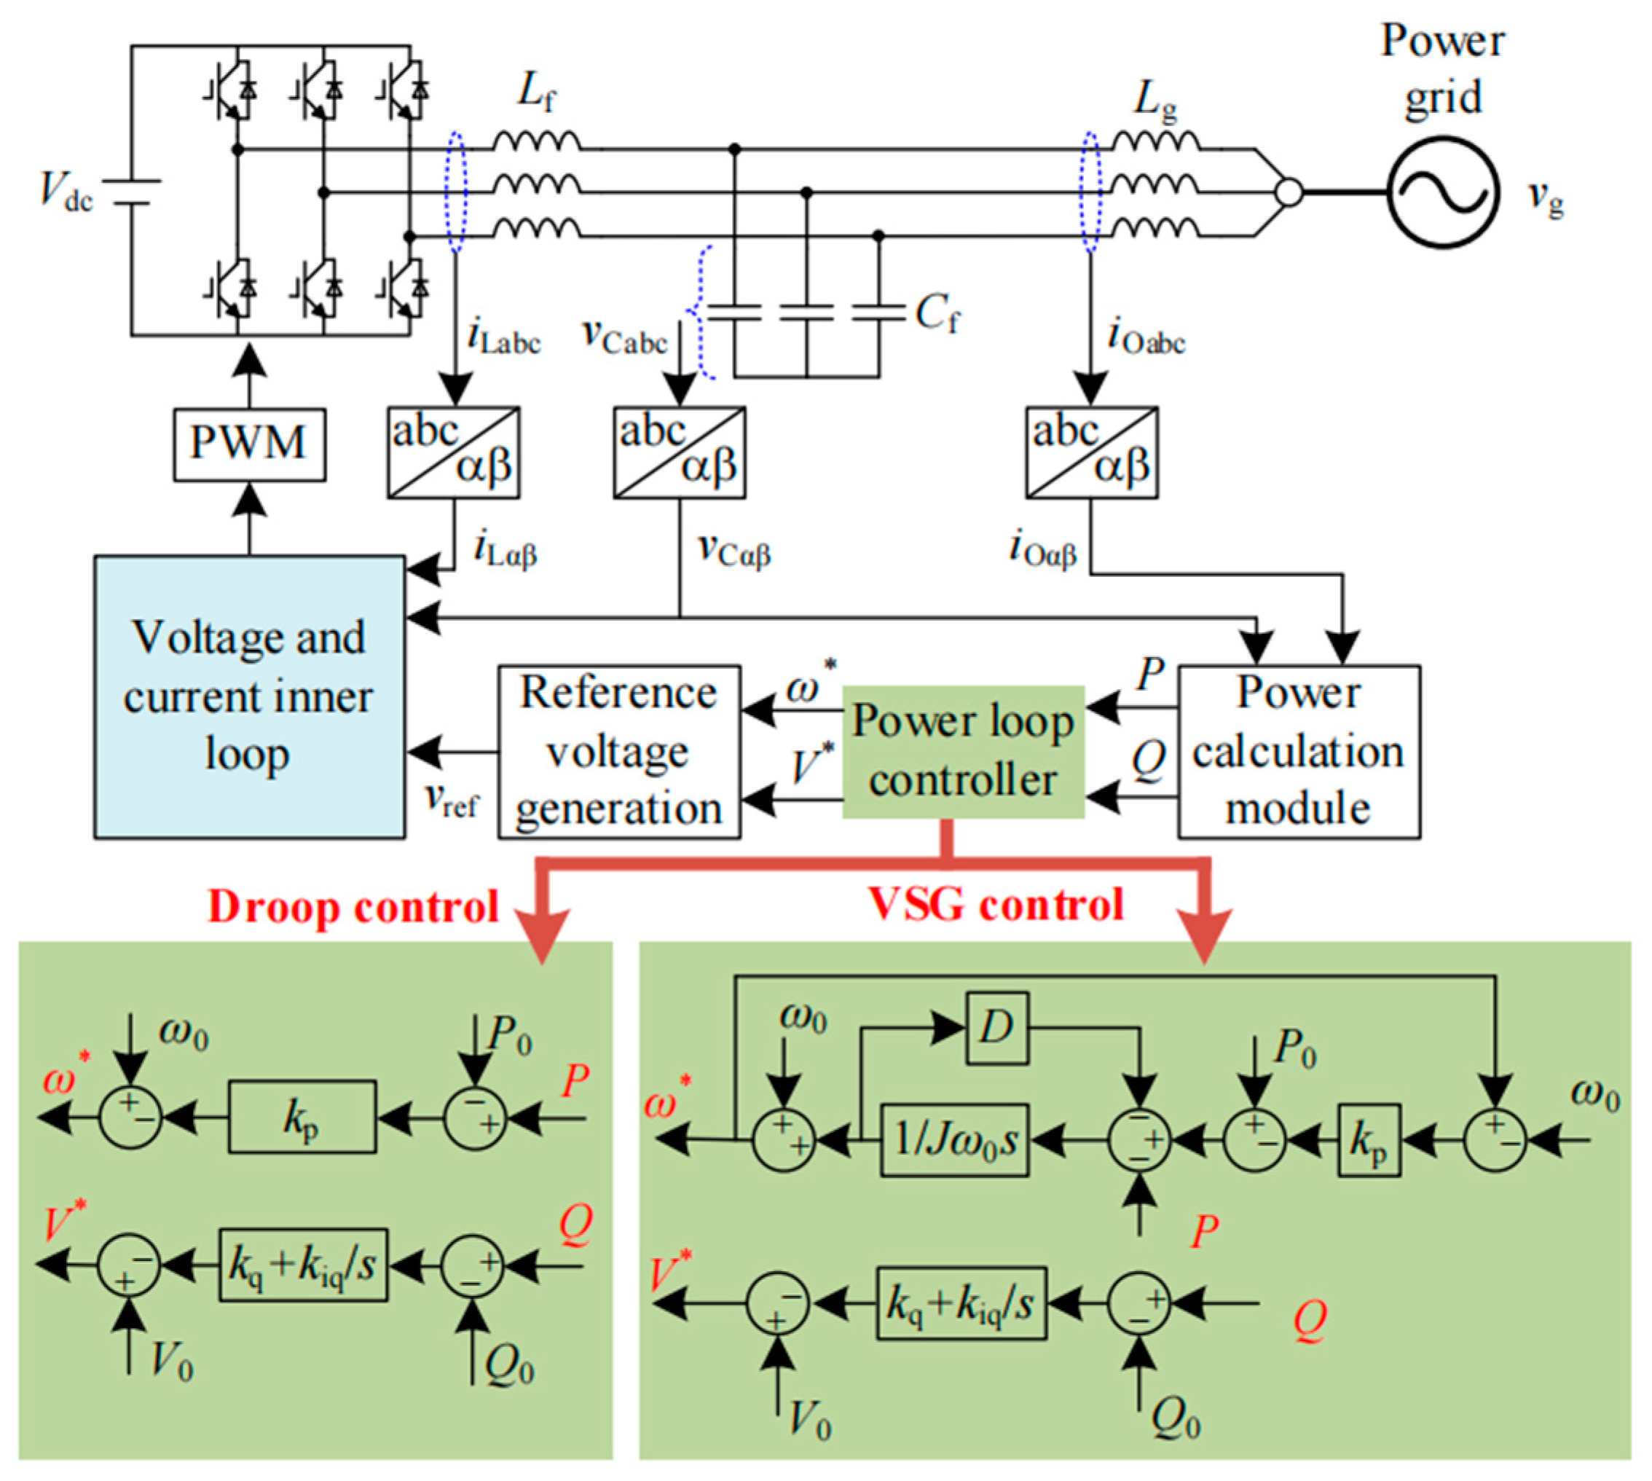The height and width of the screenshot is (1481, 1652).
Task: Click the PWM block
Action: (249, 444)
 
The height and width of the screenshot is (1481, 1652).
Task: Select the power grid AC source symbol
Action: (1442, 192)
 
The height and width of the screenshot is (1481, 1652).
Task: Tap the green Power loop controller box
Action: (963, 750)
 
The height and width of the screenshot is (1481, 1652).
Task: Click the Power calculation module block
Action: (1299, 750)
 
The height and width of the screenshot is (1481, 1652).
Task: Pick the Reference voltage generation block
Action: (618, 750)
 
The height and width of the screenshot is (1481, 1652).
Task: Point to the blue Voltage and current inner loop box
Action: (249, 696)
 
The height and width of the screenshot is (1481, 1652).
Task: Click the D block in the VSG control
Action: (997, 1027)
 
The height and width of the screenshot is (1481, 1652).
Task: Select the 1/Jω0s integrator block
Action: (955, 1139)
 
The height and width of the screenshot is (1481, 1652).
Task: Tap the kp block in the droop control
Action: (302, 1117)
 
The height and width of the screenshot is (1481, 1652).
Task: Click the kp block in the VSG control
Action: (1369, 1139)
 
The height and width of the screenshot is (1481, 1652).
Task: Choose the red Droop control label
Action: (353, 906)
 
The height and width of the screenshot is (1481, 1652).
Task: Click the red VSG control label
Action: (996, 903)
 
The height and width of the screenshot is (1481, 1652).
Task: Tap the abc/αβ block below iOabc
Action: (1091, 452)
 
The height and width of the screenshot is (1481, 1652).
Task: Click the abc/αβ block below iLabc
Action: (453, 452)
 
